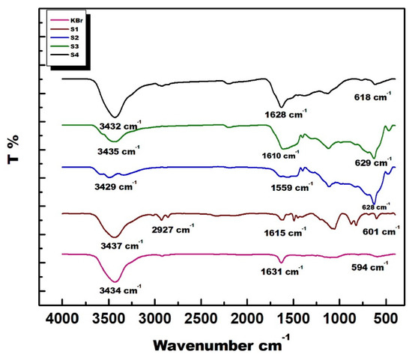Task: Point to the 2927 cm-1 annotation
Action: [x=175, y=229]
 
